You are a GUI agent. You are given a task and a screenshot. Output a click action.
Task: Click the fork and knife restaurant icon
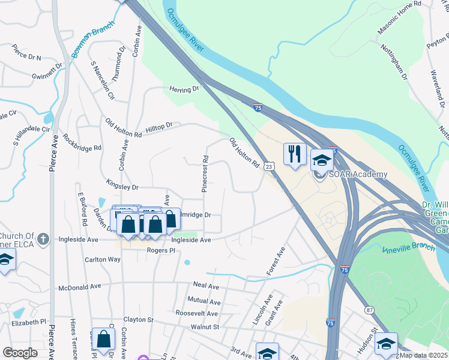pos(294,154)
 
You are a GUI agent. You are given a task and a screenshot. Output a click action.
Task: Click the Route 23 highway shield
pos(270,166)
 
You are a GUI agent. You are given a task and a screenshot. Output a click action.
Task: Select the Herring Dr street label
pos(184,89)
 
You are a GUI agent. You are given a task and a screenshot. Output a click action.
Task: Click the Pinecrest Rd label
pos(205,174)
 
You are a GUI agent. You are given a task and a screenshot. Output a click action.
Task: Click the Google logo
pos(20,353)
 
